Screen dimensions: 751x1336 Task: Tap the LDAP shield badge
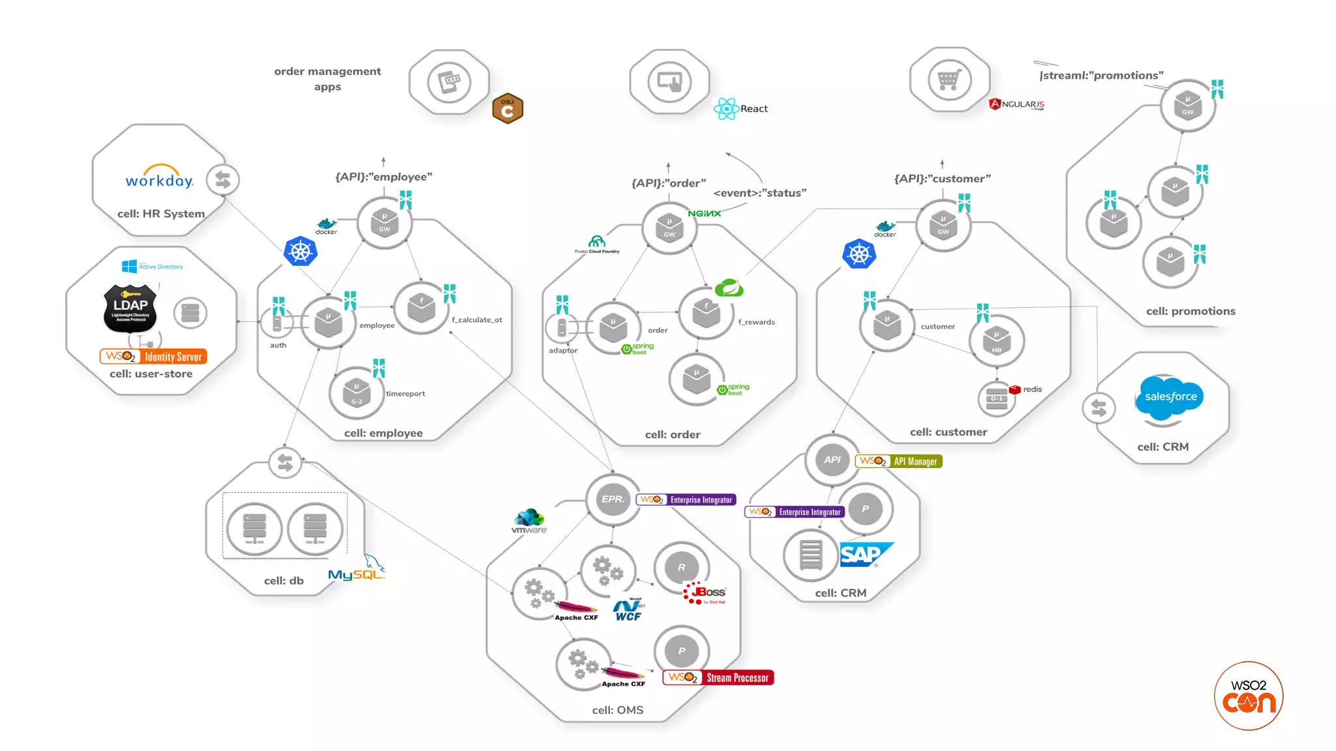point(130,307)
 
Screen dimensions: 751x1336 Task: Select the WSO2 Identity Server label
point(153,357)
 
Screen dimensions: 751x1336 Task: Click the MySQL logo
point(356,570)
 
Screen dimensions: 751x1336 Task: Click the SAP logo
point(864,555)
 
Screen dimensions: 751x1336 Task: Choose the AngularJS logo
point(1016,104)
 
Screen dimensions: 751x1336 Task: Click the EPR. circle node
point(613,499)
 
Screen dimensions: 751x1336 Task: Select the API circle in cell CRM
point(832,460)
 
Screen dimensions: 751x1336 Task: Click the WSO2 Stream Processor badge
point(718,678)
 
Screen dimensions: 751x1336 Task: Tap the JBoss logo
point(705,593)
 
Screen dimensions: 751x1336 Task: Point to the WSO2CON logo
point(1249,696)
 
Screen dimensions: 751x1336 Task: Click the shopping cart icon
point(949,80)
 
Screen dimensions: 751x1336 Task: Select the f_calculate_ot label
point(477,320)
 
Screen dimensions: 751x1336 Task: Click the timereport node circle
point(356,393)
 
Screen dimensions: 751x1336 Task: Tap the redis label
point(1032,389)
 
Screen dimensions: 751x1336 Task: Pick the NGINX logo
point(705,214)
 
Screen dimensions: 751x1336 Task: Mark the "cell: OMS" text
point(617,710)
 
